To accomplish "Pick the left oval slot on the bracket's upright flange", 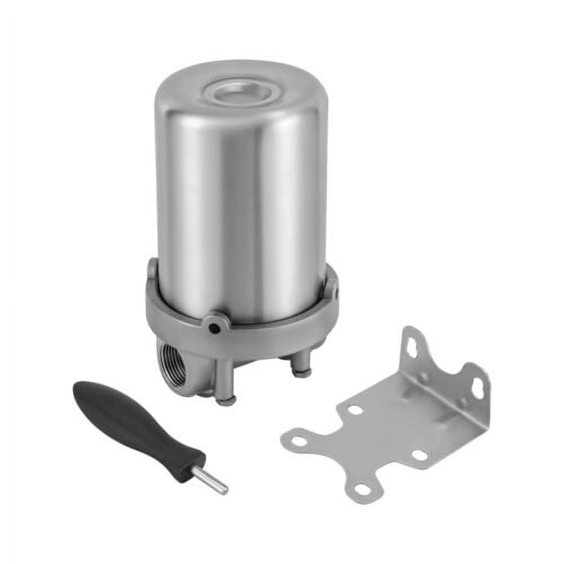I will coord(412,347).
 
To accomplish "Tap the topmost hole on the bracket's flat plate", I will coord(355,410).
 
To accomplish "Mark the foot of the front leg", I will coord(226,401).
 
